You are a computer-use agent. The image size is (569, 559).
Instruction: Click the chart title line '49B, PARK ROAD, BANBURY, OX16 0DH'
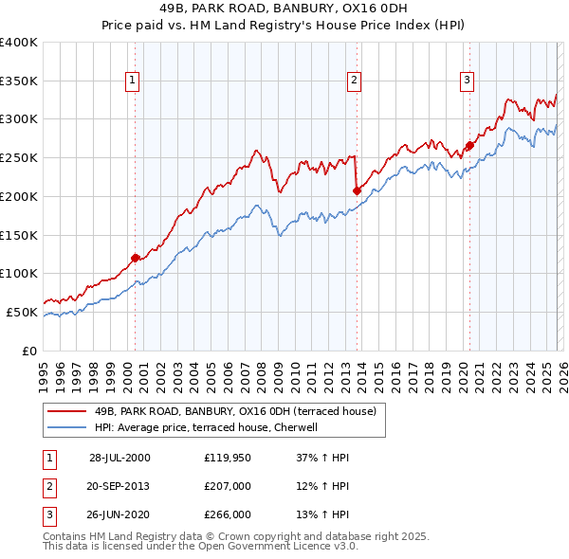click(x=284, y=10)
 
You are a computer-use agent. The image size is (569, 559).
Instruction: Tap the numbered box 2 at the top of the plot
click(x=354, y=81)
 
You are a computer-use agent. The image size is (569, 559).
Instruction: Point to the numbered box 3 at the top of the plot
click(x=468, y=81)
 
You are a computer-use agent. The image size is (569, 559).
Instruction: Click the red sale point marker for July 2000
click(x=136, y=258)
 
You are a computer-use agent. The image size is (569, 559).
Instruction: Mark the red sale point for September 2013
click(x=357, y=190)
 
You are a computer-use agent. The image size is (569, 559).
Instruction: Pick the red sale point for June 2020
click(x=469, y=145)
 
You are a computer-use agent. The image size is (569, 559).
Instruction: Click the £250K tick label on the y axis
click(x=19, y=158)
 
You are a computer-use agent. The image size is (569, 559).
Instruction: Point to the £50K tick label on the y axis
click(x=22, y=312)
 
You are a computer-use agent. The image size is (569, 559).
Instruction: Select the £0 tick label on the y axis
click(x=30, y=351)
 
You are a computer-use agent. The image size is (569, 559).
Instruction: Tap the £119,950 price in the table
click(x=227, y=458)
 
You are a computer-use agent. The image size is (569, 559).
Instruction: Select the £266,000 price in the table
click(x=227, y=514)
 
